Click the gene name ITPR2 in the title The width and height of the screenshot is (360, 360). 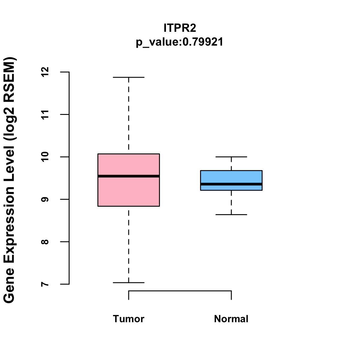[x=180, y=28]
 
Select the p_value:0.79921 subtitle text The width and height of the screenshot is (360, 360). [x=180, y=42]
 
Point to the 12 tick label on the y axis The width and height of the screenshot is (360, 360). [x=45, y=72]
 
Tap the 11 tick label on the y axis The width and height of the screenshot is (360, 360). [x=45, y=115]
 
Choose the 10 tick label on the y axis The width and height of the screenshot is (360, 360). [x=45, y=157]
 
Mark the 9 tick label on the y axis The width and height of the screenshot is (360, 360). [x=45, y=199]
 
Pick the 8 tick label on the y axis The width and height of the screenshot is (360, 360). [x=45, y=242]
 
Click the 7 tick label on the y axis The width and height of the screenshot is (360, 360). [x=45, y=284]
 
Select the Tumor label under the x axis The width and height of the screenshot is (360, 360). [x=129, y=319]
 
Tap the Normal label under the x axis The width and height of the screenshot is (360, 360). [x=231, y=319]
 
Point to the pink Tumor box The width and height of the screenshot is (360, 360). [x=129, y=192]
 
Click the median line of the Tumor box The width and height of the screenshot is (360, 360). [x=129, y=176]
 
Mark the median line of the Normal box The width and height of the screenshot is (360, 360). [x=231, y=184]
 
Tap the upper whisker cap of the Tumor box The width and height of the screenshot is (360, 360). [x=129, y=77]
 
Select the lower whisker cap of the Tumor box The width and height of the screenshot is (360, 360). [x=129, y=283]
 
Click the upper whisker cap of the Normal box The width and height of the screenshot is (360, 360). [x=231, y=157]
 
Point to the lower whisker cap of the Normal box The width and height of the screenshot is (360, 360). [x=231, y=215]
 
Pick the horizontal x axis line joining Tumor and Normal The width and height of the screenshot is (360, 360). [x=180, y=291]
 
